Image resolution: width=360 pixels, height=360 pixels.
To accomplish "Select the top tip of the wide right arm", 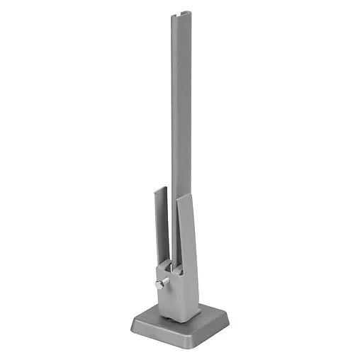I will [186, 195].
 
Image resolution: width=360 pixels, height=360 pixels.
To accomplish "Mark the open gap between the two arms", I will [170, 234].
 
